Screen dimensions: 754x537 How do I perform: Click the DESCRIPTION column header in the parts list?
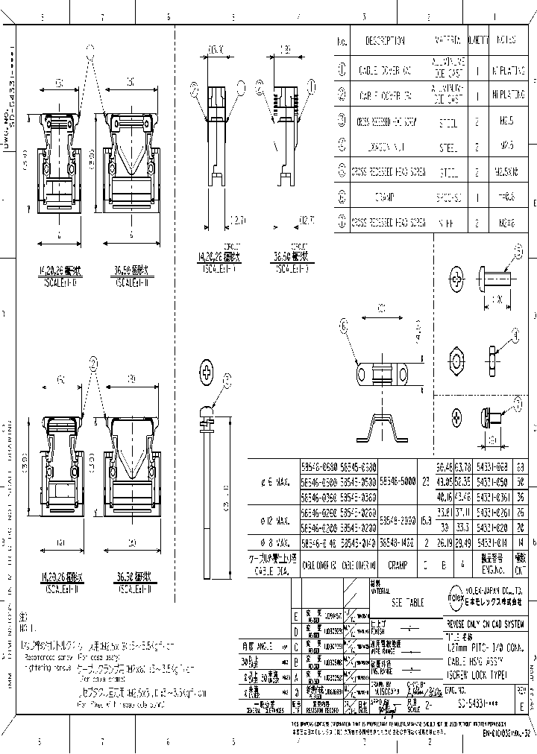coord(385,41)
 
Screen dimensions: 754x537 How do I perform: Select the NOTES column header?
coord(509,41)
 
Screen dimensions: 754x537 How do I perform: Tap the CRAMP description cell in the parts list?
coord(385,199)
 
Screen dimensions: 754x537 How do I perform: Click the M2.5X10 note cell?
coord(509,172)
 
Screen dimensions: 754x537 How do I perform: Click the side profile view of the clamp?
coord(386,431)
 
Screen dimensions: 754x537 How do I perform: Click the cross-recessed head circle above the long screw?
coord(207,373)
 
